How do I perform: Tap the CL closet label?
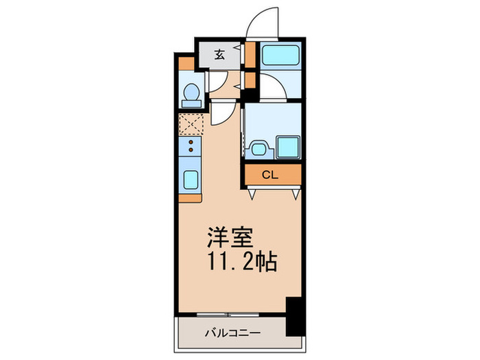tap(271, 175)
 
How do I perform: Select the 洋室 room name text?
tap(231, 238)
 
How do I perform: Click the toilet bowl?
tap(192, 94)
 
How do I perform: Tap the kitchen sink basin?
tap(191, 180)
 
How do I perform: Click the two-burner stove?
tap(191, 145)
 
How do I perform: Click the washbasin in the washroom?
tap(258, 147)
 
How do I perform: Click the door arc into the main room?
tap(222, 113)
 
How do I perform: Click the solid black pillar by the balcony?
tap(293, 315)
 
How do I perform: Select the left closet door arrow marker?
tap(254, 195)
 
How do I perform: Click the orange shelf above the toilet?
tap(186, 64)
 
